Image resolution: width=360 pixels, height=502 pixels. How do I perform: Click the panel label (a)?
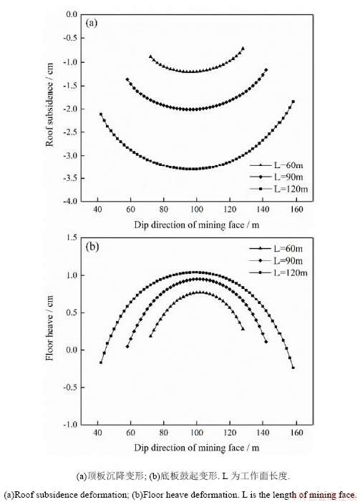click(x=92, y=23)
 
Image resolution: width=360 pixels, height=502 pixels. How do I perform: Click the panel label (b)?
click(x=92, y=247)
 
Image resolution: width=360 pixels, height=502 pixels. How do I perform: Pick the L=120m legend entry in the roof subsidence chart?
click(x=279, y=189)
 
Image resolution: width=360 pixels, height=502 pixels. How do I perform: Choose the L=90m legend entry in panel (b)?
click(x=276, y=260)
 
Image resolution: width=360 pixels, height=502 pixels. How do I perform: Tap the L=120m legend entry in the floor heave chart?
click(x=278, y=272)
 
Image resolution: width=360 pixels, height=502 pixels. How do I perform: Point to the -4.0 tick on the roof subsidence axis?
click(x=70, y=201)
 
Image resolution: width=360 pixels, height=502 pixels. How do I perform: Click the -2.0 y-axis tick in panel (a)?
click(x=70, y=109)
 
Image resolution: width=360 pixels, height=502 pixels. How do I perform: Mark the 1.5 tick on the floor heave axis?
click(x=72, y=237)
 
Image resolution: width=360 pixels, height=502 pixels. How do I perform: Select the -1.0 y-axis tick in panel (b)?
click(x=70, y=424)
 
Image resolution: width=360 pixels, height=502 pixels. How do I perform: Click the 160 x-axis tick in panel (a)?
click(x=296, y=210)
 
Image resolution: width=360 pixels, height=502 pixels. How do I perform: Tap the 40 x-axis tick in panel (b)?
click(x=97, y=433)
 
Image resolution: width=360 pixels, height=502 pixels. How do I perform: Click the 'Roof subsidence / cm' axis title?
click(x=49, y=104)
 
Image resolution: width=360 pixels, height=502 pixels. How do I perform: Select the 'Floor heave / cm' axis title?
click(x=49, y=328)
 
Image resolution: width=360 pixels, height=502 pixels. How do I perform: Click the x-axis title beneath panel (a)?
click(x=197, y=225)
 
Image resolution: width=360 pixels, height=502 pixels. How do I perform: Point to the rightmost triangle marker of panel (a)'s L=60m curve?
click(x=243, y=49)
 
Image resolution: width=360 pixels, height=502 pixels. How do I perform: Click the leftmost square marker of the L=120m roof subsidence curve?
click(x=101, y=114)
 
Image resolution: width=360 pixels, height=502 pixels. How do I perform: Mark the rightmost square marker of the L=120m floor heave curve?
click(x=293, y=368)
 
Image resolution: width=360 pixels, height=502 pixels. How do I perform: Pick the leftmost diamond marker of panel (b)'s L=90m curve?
click(x=127, y=346)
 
